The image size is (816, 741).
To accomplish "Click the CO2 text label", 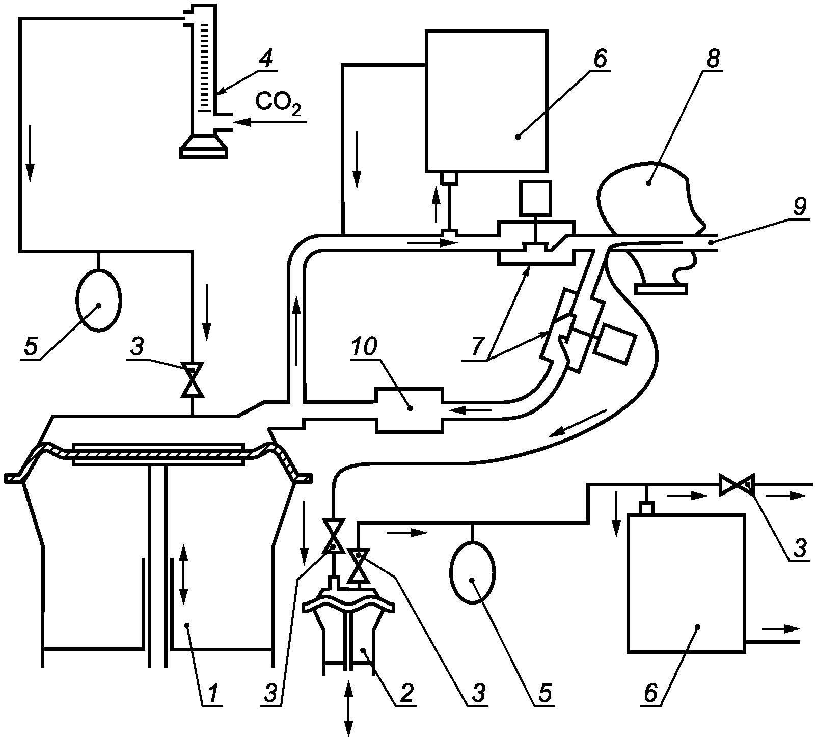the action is pyautogui.click(x=278, y=103).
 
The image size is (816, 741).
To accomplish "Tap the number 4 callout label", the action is pyautogui.click(x=265, y=60).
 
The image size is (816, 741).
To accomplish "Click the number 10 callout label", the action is pyautogui.click(x=364, y=347).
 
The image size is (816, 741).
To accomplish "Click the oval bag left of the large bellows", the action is pyautogui.click(x=98, y=300).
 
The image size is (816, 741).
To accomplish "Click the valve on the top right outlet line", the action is pyautogui.click(x=736, y=485).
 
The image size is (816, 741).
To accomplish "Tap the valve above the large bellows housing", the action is pyautogui.click(x=193, y=380).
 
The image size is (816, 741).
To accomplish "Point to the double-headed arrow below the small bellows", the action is pyautogui.click(x=348, y=707).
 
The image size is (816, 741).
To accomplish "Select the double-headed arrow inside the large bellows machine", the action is pyautogui.click(x=184, y=573).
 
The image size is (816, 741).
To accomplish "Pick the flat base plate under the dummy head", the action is pyautogui.click(x=662, y=289).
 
